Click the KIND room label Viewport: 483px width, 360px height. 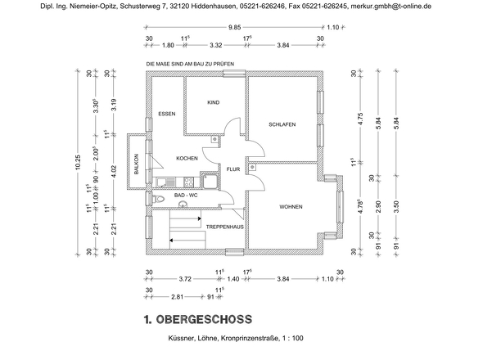pyautogui.click(x=214, y=103)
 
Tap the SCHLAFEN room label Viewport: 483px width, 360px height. pyautogui.click(x=282, y=124)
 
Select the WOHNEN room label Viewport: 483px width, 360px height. pyautogui.click(x=290, y=207)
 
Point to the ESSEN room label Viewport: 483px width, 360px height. pyautogui.click(x=168, y=115)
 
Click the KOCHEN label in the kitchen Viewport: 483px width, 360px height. pyautogui.click(x=187, y=158)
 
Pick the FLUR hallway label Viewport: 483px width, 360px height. pyautogui.click(x=233, y=170)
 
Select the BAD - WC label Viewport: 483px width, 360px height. pyautogui.click(x=186, y=196)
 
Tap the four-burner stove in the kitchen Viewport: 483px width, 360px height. pyautogui.click(x=210, y=182)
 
